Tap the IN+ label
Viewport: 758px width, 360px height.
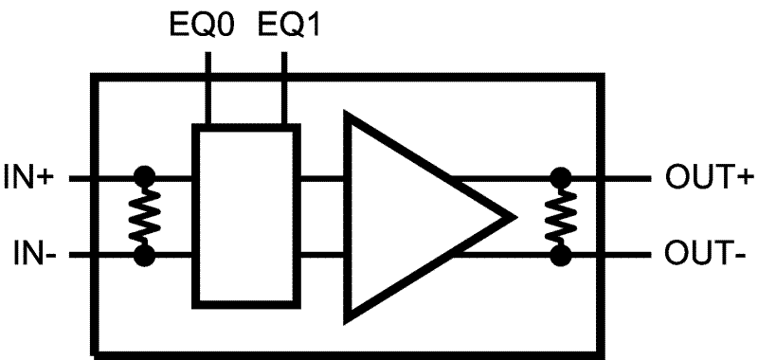(x=31, y=176)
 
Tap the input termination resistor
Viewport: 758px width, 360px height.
(x=145, y=216)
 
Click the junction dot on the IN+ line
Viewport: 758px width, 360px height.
(x=145, y=176)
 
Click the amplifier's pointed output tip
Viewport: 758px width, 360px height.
(x=512, y=216)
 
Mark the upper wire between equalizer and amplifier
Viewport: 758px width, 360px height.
(x=321, y=176)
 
